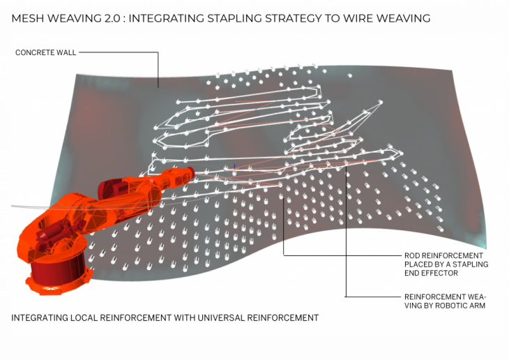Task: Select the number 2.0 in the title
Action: (x=114, y=18)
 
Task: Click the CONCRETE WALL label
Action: (x=46, y=52)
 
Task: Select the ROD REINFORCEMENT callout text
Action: (x=443, y=256)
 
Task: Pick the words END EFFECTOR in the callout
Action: (x=431, y=273)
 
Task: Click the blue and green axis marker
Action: (x=235, y=167)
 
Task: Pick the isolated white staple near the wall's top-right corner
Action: (x=349, y=75)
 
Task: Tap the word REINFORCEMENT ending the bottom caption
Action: (x=283, y=317)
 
